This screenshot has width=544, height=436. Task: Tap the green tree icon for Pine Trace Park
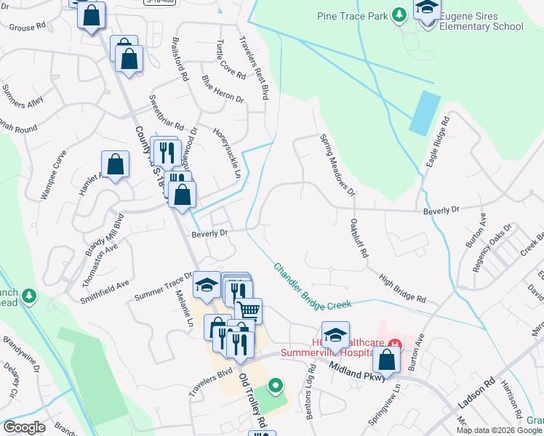click(399, 15)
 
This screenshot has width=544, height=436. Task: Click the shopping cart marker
click(248, 310)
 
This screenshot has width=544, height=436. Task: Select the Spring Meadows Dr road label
click(337, 164)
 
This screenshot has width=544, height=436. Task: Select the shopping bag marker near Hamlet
click(115, 165)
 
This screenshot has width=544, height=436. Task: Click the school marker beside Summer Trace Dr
click(207, 285)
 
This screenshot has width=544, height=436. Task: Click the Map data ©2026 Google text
click(499, 430)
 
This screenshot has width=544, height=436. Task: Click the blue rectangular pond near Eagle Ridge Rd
click(425, 113)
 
